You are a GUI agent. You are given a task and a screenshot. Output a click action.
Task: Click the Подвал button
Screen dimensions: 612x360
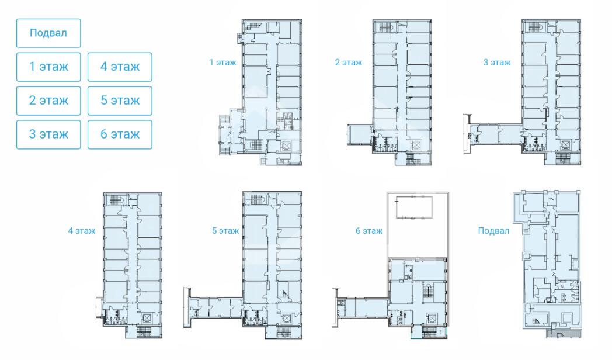(x=48, y=33)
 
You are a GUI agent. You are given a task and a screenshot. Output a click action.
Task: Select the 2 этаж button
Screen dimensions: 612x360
(x=48, y=101)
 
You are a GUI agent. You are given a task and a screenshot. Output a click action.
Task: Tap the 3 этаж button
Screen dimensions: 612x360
(x=48, y=134)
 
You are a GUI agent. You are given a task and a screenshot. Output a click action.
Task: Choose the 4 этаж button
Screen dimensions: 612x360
(x=120, y=67)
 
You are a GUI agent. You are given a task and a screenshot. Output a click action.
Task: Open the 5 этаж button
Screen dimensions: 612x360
(x=120, y=101)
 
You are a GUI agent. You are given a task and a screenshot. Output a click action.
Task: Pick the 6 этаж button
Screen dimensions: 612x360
(x=120, y=134)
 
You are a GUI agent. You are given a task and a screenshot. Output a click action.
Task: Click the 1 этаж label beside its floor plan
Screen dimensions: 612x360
(x=222, y=63)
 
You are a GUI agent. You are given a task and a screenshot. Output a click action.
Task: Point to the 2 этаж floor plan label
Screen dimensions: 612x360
(x=349, y=63)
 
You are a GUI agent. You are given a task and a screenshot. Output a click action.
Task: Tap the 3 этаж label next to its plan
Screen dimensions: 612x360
(x=497, y=63)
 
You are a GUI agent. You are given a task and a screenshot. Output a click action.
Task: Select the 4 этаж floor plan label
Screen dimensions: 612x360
(x=82, y=231)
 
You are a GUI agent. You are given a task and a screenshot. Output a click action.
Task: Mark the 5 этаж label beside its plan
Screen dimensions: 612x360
(x=225, y=231)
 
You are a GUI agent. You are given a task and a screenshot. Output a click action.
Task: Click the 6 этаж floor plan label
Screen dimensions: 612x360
(x=369, y=231)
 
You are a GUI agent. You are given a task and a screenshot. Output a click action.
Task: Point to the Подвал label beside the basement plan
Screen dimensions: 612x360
(x=493, y=231)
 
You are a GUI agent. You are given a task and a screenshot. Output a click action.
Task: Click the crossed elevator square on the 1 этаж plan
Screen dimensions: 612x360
(x=286, y=147)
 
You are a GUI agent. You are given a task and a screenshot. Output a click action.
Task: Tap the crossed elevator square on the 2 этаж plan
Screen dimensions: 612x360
(x=416, y=146)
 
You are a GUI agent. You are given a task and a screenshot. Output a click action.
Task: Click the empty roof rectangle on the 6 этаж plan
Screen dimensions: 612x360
(x=414, y=207)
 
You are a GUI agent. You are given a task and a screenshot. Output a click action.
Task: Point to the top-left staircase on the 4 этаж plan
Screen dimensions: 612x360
(x=114, y=200)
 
